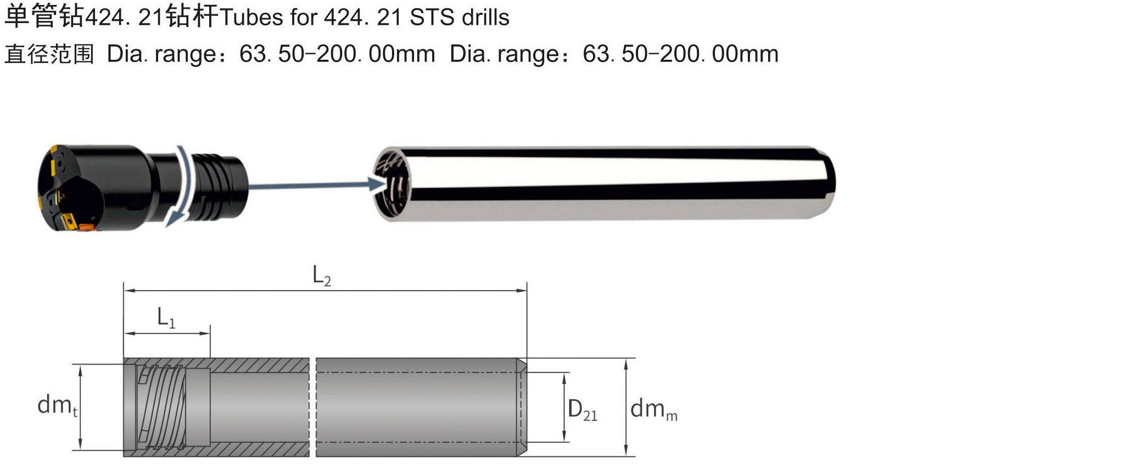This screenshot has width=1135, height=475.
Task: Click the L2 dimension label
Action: pos(322,275)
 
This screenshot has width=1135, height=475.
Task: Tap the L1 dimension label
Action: pos(166,317)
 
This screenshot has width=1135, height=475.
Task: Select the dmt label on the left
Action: pos(57,405)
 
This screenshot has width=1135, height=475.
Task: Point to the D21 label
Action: pos(582,409)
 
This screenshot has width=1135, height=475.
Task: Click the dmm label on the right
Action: pos(653,409)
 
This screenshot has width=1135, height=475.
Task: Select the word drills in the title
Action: pos(485,18)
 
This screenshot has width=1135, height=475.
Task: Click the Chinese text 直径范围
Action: pos(49,54)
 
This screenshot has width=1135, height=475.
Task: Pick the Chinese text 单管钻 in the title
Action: pos(44,17)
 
